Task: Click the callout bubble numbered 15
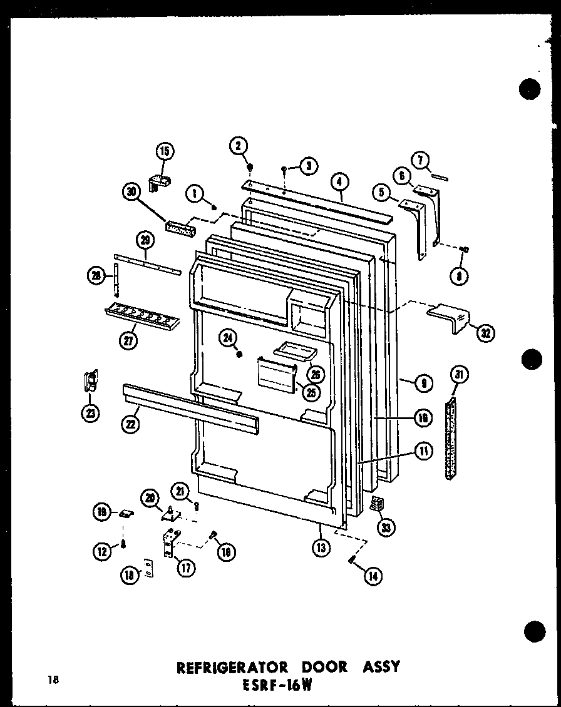165,151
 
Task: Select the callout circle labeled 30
132,193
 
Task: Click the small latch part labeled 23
91,381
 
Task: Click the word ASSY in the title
377,667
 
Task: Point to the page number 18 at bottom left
52,681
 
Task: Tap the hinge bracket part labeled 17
170,541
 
